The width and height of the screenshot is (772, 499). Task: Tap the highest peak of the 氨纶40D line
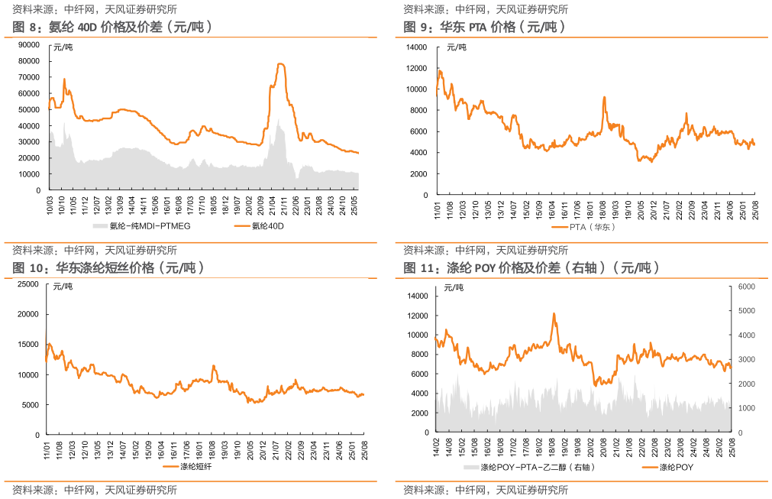click(280, 64)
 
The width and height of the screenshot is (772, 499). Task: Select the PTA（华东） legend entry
click(593, 227)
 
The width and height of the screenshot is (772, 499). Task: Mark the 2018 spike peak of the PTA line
click(604, 97)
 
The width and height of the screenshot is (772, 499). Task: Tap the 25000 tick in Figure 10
click(28, 284)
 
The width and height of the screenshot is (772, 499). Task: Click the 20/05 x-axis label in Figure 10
click(250, 448)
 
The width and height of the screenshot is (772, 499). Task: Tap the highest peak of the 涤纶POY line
click(554, 313)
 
